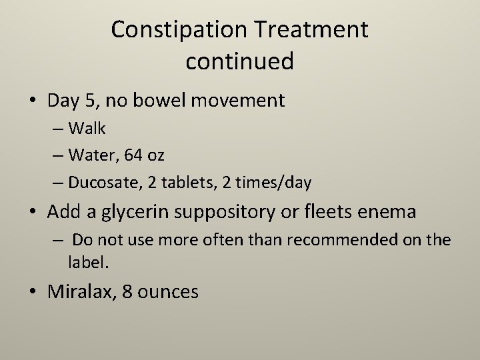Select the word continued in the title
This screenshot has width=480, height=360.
(x=239, y=61)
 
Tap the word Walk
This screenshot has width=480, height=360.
(x=87, y=129)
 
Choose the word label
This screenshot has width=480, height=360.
(x=87, y=262)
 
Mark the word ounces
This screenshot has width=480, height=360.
(x=167, y=292)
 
